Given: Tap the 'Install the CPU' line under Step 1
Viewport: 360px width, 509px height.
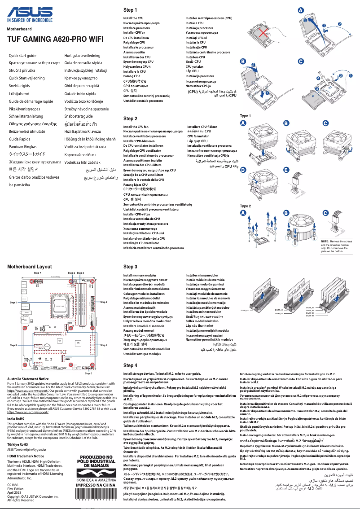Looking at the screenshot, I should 133,19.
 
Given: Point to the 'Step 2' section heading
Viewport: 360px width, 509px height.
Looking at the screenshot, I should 130,118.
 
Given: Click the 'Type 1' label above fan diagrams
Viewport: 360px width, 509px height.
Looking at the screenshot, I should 246,116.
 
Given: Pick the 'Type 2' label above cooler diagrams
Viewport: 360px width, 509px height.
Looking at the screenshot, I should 246,206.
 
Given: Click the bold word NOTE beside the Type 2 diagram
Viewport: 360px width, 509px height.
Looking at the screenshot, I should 325,241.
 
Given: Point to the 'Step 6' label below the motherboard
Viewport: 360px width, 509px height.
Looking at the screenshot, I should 88,373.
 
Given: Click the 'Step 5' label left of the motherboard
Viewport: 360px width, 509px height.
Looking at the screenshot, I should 13,345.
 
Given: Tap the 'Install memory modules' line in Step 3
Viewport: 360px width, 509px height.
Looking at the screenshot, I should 140,275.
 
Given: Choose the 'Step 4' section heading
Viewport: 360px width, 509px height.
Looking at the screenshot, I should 130,365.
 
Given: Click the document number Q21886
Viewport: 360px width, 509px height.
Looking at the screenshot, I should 13,486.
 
